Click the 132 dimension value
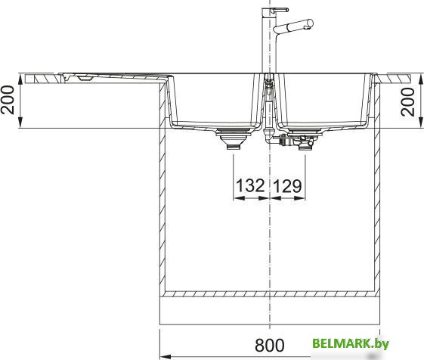(x=250, y=186)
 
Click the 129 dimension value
(x=287, y=186)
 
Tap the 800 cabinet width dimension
(x=270, y=345)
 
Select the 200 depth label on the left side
(x=8, y=100)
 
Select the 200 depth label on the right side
(x=407, y=102)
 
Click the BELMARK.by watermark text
(x=351, y=344)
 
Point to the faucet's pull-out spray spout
(x=293, y=26)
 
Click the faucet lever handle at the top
(x=280, y=10)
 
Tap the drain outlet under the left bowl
(x=233, y=138)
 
